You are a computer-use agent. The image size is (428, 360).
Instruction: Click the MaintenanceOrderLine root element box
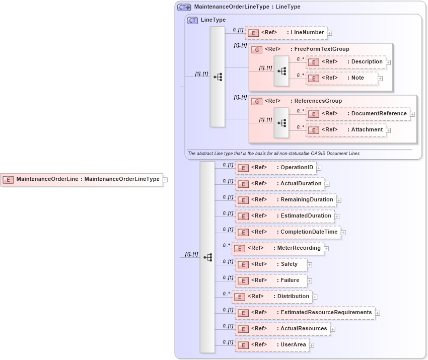pos(82,179)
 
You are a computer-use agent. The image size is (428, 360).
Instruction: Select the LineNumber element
pos(286,33)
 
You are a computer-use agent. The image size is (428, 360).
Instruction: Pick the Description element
pos(345,62)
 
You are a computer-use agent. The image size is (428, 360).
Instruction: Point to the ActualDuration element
pos(279,184)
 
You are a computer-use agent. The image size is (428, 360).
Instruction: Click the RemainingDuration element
pos(285,200)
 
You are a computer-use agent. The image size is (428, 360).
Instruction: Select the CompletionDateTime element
pos(288,232)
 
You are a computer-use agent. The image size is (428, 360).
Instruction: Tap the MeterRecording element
pos(277,248)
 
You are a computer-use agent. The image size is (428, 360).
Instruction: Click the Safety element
pos(270,264)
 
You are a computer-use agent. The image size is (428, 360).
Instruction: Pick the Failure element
pos(270,280)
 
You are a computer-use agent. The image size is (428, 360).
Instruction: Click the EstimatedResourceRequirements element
pos(305,313)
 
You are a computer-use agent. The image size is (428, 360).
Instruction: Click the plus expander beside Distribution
pos(315,297)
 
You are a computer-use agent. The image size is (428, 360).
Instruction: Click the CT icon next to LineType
pos(192,20)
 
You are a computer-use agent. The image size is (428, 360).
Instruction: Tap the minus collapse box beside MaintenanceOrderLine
pos(165,179)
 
